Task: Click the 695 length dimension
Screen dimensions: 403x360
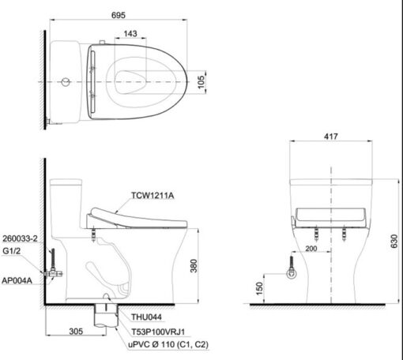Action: (119, 15)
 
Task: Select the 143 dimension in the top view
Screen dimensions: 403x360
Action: (130, 34)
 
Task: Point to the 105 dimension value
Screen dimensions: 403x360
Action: (201, 82)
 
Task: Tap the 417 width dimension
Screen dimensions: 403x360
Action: (331, 137)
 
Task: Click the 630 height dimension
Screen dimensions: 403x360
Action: (394, 241)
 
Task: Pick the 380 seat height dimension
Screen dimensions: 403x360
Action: (194, 266)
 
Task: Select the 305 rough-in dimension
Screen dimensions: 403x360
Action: (76, 332)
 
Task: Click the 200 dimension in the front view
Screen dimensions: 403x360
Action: (311, 249)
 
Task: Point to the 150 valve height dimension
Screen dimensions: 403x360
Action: (259, 288)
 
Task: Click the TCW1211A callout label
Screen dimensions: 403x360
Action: (153, 196)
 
